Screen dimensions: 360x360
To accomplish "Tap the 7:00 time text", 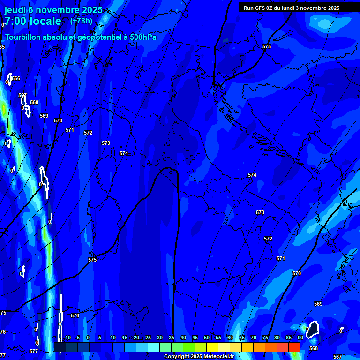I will coord(15,22).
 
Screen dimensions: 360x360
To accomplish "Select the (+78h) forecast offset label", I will coord(81,21).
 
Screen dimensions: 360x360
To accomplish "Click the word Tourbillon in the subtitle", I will coord(25,37).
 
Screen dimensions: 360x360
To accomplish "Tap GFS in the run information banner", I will coord(260,8).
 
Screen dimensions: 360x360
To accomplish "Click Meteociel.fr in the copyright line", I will coord(221,357).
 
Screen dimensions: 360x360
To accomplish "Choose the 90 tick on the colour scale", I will coord(300,338).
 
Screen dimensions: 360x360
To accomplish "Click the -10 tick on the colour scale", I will coord(67,338).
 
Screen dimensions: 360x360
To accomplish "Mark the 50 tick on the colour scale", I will coord(207,338).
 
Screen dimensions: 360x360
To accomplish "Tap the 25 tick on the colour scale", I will coord(148,338).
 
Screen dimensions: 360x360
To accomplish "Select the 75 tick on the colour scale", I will coord(265,338).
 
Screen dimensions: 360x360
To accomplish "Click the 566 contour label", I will coord(16,79).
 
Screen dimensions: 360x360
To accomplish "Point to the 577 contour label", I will coord(34,351).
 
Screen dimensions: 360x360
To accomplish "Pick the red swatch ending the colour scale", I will coord(294,347).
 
